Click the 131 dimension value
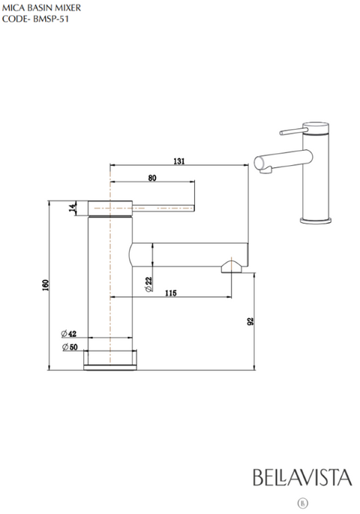(x=179, y=161)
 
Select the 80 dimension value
(x=152, y=178)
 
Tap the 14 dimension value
(x=73, y=208)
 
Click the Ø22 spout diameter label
(x=148, y=284)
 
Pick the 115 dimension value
(x=171, y=293)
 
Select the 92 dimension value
(x=250, y=321)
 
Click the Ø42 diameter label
(x=69, y=334)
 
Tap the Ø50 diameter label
(x=70, y=347)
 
